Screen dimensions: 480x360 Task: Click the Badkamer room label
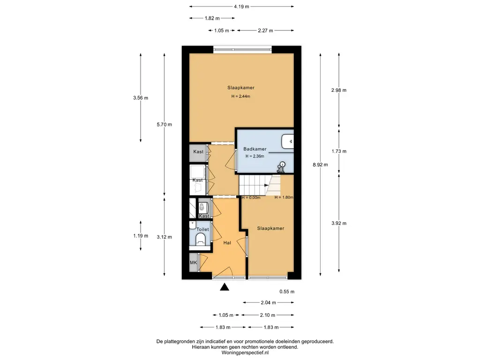pyautogui.click(x=255, y=149)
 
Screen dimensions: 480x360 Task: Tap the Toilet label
pyautogui.click(x=202, y=229)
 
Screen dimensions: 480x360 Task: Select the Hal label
pyautogui.click(x=227, y=243)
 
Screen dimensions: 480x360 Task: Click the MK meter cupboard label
pyautogui.click(x=194, y=262)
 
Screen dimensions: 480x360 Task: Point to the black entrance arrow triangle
pyautogui.click(x=225, y=287)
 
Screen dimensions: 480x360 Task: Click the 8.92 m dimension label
pyautogui.click(x=320, y=165)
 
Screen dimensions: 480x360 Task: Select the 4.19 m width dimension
pyautogui.click(x=241, y=7)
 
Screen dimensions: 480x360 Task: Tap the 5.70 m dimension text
pyautogui.click(x=165, y=125)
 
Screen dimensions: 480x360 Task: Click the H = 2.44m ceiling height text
pyautogui.click(x=240, y=96)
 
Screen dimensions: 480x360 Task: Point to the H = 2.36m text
pyautogui.click(x=255, y=156)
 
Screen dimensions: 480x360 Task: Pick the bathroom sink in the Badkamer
pyautogui.click(x=287, y=141)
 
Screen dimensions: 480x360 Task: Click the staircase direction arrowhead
pyautogui.click(x=266, y=185)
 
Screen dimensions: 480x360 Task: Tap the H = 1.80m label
pyautogui.click(x=284, y=197)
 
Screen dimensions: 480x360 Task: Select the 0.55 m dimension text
pyautogui.click(x=287, y=292)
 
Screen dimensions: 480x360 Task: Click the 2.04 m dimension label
pyautogui.click(x=269, y=303)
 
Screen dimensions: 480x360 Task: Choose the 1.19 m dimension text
pyautogui.click(x=141, y=236)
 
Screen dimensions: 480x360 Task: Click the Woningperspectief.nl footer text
pyautogui.click(x=245, y=352)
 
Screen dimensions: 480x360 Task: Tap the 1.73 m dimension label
pyautogui.click(x=339, y=151)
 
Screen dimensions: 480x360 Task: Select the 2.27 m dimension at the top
pyautogui.click(x=265, y=30)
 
